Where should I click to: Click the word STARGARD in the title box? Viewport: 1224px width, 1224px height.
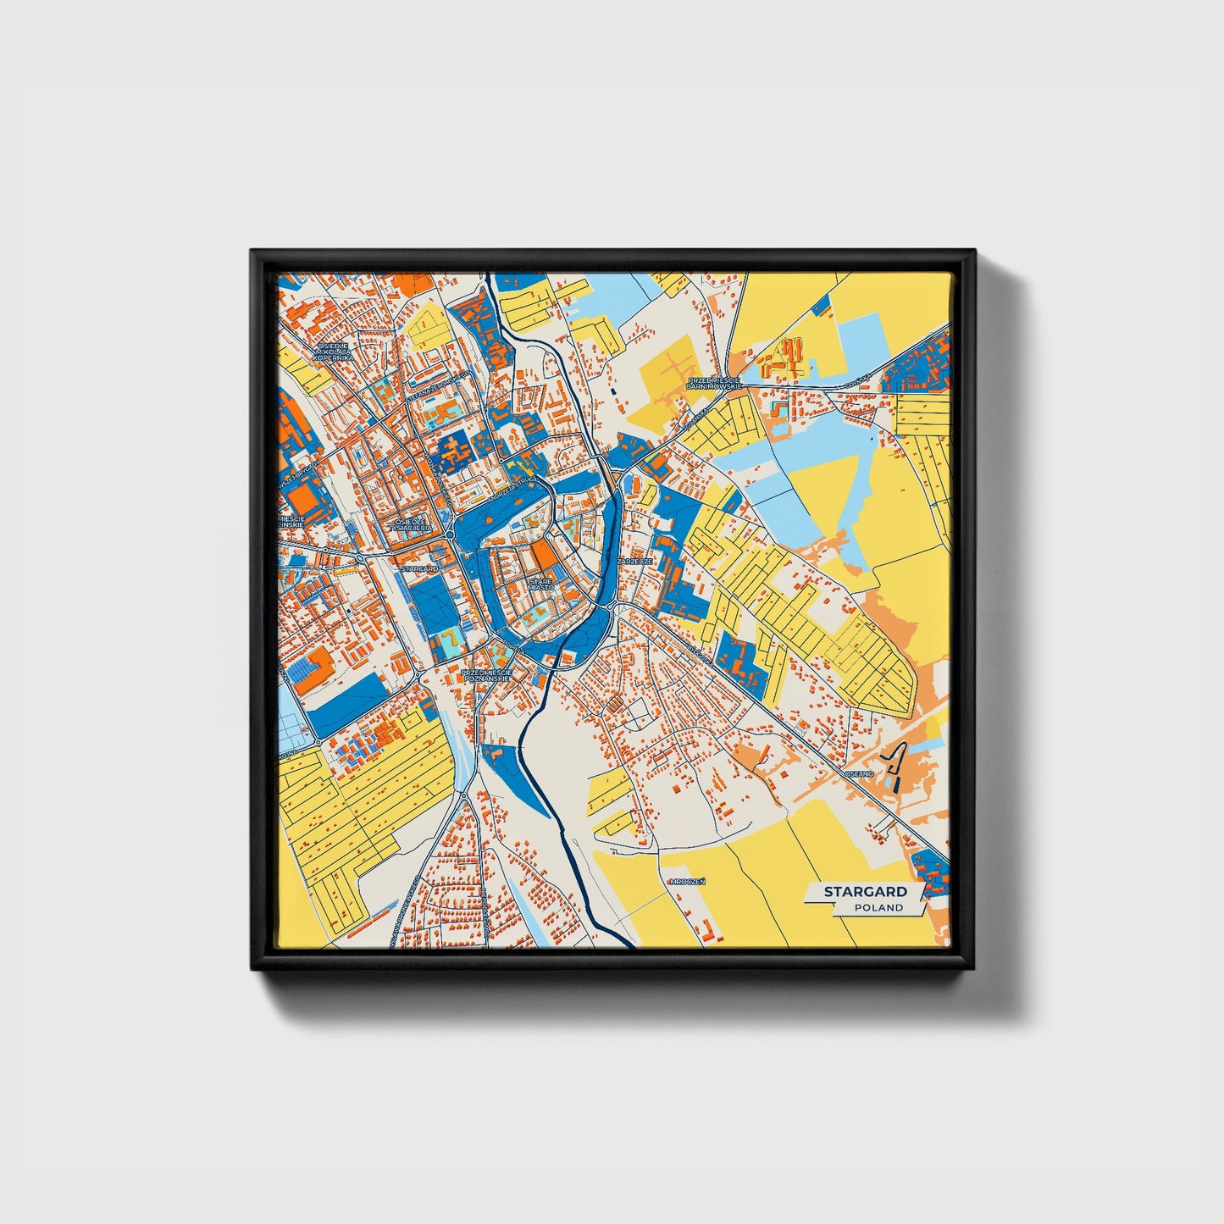(x=865, y=891)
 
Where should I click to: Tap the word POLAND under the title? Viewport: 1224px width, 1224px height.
(x=878, y=907)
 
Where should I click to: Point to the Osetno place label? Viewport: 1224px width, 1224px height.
(x=858, y=773)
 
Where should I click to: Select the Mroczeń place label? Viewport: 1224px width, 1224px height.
(x=687, y=881)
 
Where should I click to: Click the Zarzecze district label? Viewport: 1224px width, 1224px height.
(x=635, y=561)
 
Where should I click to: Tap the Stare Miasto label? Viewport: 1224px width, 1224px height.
(x=541, y=584)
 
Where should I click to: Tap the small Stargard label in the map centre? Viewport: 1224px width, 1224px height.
(x=419, y=568)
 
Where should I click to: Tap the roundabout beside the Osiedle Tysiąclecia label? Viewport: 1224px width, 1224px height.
(x=450, y=534)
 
